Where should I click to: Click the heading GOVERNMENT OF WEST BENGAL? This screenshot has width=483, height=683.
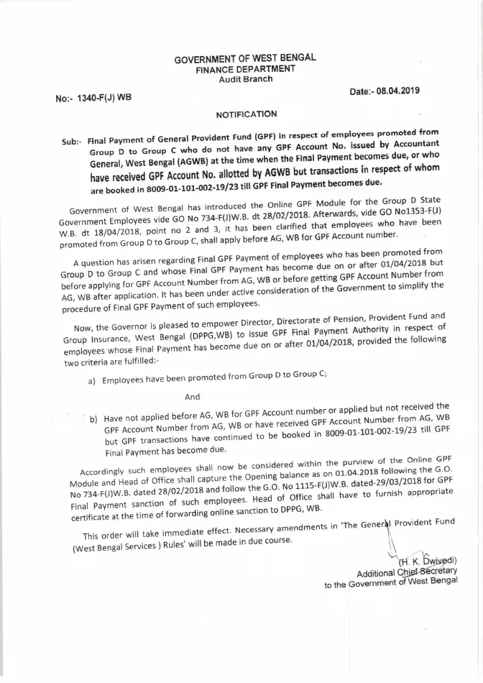coord(245,58)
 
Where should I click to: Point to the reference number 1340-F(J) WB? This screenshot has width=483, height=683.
coord(93,97)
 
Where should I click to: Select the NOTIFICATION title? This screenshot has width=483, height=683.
coord(246,114)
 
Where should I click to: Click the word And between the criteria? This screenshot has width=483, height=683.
coord(193,397)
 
